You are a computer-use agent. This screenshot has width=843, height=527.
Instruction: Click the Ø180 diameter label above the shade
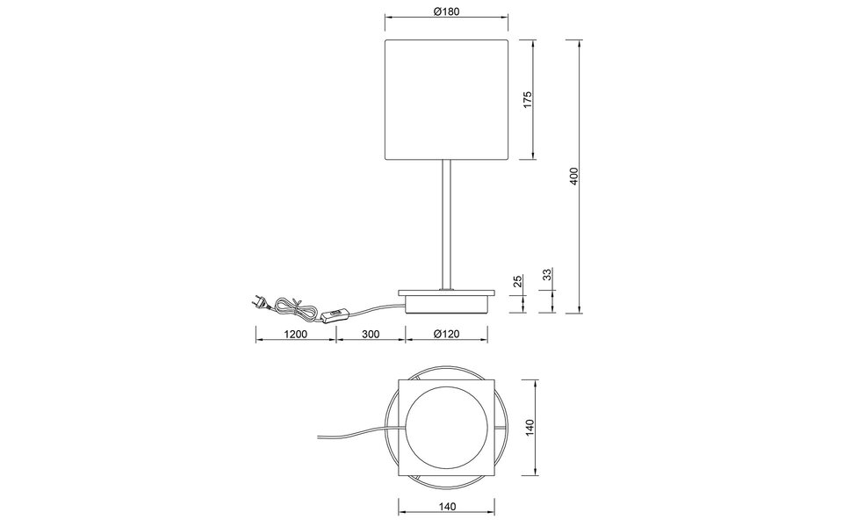pyautogui.click(x=448, y=11)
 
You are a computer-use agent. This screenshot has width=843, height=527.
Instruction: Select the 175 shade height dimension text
pyautogui.click(x=528, y=98)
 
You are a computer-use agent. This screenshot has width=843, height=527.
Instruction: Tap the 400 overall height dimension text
pyautogui.click(x=573, y=177)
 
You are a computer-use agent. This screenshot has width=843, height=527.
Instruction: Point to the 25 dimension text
pyautogui.click(x=517, y=281)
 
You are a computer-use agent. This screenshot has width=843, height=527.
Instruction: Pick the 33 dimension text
pyautogui.click(x=547, y=276)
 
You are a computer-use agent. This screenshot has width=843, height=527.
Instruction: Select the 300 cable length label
pyautogui.click(x=370, y=335)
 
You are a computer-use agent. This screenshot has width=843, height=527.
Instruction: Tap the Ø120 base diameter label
pyautogui.click(x=448, y=335)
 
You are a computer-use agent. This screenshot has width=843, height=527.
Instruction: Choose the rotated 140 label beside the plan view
pyautogui.click(x=529, y=428)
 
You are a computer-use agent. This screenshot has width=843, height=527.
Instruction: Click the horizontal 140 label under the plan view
pyautogui.click(x=447, y=506)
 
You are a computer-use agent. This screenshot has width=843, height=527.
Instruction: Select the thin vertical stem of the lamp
pyautogui.click(x=448, y=224)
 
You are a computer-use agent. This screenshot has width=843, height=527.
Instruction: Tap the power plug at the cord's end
pyautogui.click(x=256, y=301)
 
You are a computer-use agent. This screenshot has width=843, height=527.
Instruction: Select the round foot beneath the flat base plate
pyautogui.click(x=447, y=305)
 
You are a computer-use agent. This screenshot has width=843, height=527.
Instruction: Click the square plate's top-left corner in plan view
pyautogui.click(x=400, y=380)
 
